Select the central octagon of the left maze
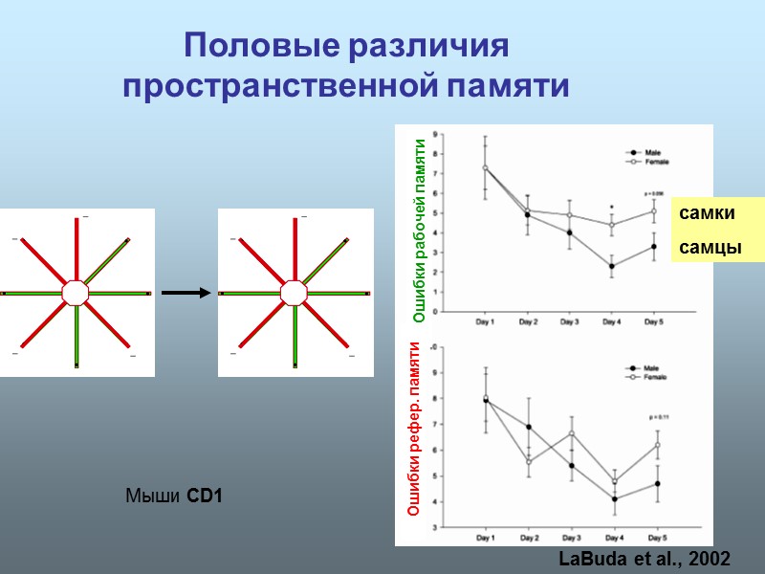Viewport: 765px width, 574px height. (x=76, y=293)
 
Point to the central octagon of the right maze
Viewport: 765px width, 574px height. (x=294, y=293)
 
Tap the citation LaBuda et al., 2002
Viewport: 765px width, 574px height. (x=642, y=556)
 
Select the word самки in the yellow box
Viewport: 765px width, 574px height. (x=701, y=215)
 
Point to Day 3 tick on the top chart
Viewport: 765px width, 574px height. (x=569, y=323)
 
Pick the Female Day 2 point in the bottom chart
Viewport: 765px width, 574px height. (x=528, y=461)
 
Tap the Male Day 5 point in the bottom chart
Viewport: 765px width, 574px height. (x=658, y=483)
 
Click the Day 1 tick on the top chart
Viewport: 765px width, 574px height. (x=485, y=323)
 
